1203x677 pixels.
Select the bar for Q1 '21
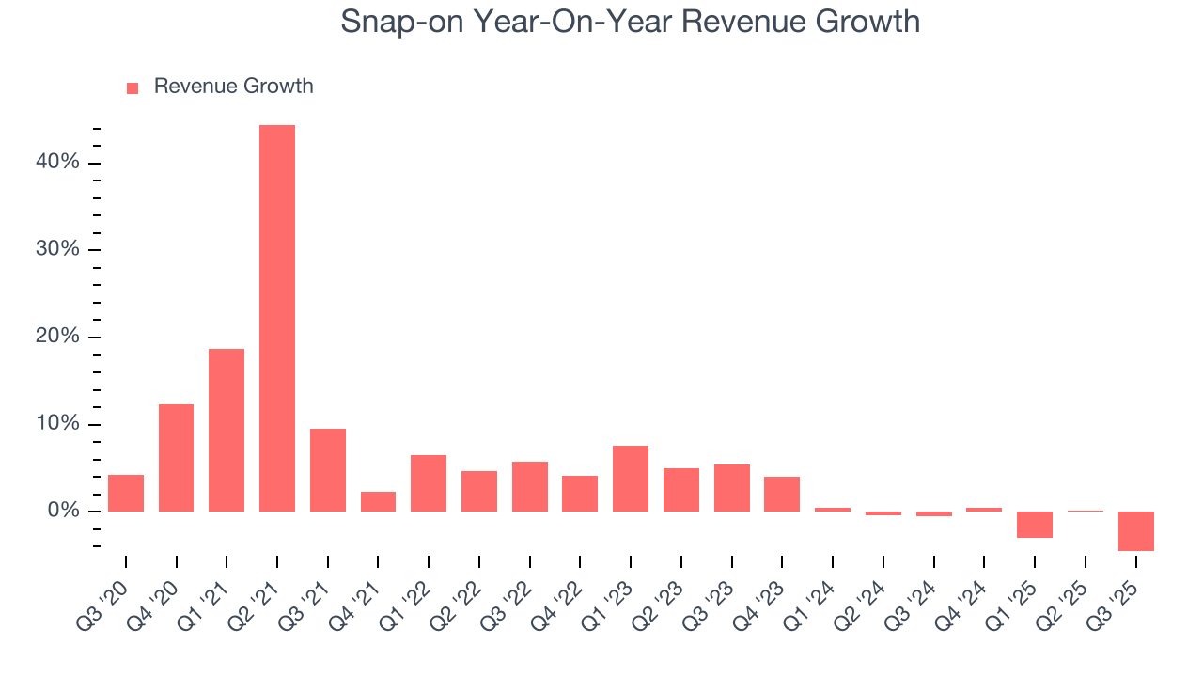pyautogui.click(x=227, y=430)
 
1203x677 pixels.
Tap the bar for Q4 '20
pyautogui.click(x=176, y=458)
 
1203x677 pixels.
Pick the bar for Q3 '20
pyautogui.click(x=126, y=493)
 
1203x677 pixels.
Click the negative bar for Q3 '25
pyautogui.click(x=1136, y=531)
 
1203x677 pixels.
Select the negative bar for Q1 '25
pyautogui.click(x=1035, y=525)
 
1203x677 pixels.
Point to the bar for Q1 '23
pyautogui.click(x=631, y=479)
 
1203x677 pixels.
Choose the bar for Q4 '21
pyautogui.click(x=378, y=501)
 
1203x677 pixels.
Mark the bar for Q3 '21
pyautogui.click(x=328, y=470)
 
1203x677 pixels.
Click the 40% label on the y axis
pyautogui.click(x=57, y=163)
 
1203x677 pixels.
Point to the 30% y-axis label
pyautogui.click(x=57, y=250)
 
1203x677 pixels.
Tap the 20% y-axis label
pyautogui.click(x=57, y=338)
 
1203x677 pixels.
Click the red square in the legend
pyautogui.click(x=133, y=87)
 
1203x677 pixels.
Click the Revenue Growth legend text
pyautogui.click(x=233, y=87)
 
